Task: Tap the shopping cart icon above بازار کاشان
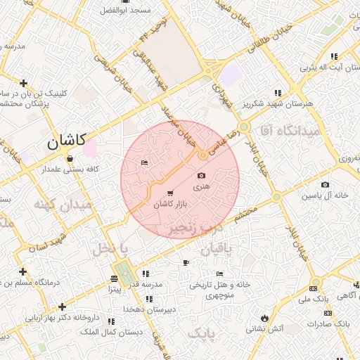[170, 193]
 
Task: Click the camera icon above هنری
[202, 175]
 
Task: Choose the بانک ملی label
[313, 300]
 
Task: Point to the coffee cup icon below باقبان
[186, 262]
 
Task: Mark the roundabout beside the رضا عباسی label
[202, 155]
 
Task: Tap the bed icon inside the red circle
[144, 163]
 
